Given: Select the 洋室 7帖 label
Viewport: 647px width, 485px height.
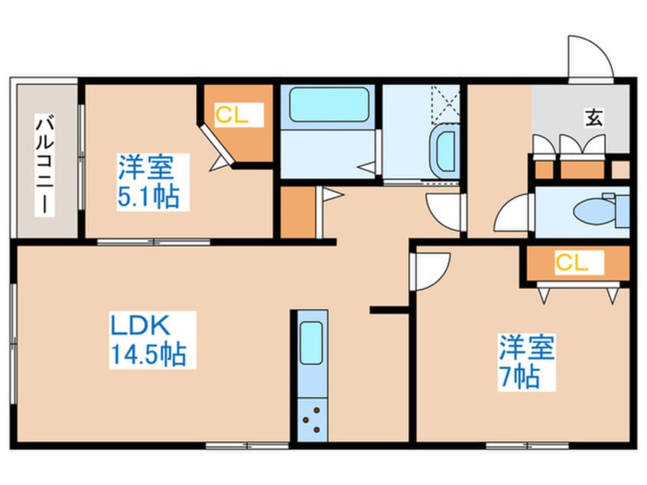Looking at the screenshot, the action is point(526,362).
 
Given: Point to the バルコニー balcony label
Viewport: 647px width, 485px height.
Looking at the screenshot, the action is point(44,165).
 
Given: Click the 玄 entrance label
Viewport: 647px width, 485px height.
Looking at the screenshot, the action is point(593,117).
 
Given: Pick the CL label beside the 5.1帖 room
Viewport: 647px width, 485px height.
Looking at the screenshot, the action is point(232,115).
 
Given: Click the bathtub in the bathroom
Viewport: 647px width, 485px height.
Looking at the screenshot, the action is point(328,105).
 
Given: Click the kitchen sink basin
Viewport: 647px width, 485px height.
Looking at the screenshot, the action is point(311,343).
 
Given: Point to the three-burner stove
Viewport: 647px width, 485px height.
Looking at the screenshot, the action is point(312,420).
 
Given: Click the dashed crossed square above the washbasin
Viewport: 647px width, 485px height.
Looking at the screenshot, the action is point(445,105).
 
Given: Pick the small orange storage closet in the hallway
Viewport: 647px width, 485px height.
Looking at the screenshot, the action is point(298,212).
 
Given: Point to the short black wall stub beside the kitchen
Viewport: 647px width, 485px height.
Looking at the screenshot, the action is point(389,310).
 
